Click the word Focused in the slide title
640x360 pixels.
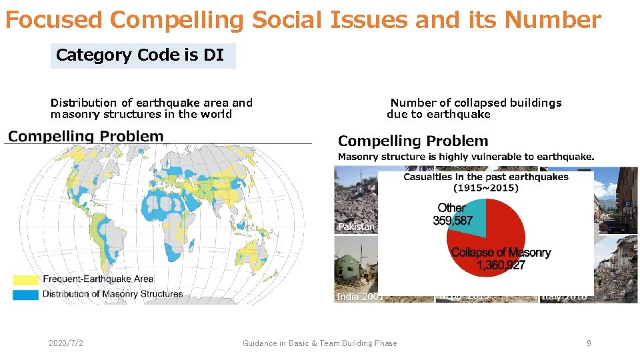(x=54, y=21)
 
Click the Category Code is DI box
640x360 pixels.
(x=143, y=55)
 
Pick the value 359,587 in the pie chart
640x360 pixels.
(x=453, y=221)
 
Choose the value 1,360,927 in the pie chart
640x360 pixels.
(x=501, y=265)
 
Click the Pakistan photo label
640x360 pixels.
(x=357, y=227)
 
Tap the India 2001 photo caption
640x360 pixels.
(x=359, y=297)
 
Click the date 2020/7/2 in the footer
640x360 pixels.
(x=67, y=343)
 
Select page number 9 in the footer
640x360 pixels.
(x=589, y=343)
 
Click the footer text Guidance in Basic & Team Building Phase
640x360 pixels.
(x=319, y=343)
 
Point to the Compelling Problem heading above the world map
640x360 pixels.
(x=85, y=137)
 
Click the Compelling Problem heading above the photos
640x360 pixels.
(x=413, y=141)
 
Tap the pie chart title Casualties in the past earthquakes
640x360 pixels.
(x=485, y=177)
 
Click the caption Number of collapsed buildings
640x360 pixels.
(x=475, y=103)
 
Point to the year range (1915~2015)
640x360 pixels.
(x=485, y=188)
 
